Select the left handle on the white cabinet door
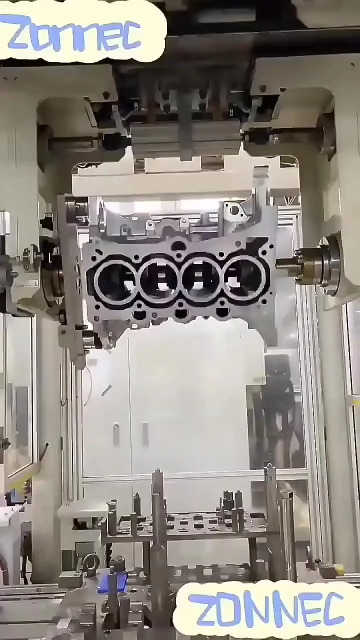116,434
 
